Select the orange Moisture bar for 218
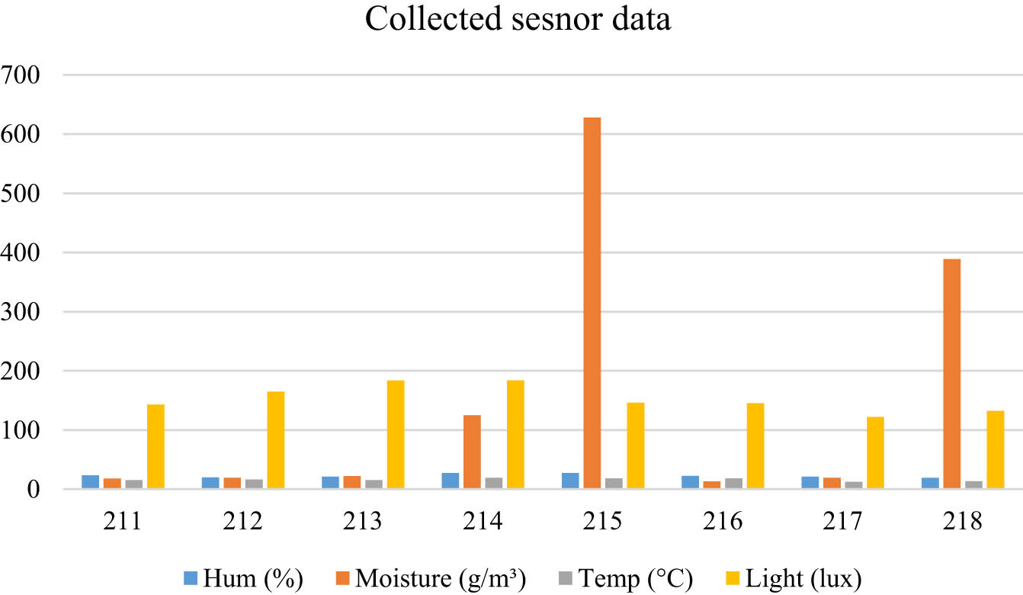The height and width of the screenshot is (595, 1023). [x=951, y=374]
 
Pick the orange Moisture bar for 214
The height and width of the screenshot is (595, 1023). [x=472, y=452]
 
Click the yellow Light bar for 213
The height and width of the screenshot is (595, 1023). [x=395, y=434]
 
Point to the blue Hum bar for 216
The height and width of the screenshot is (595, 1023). [x=690, y=482]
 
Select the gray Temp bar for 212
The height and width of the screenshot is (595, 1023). [x=254, y=484]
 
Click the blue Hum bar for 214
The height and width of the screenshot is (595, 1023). [x=450, y=481]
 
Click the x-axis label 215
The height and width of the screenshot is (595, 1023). [x=603, y=523]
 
